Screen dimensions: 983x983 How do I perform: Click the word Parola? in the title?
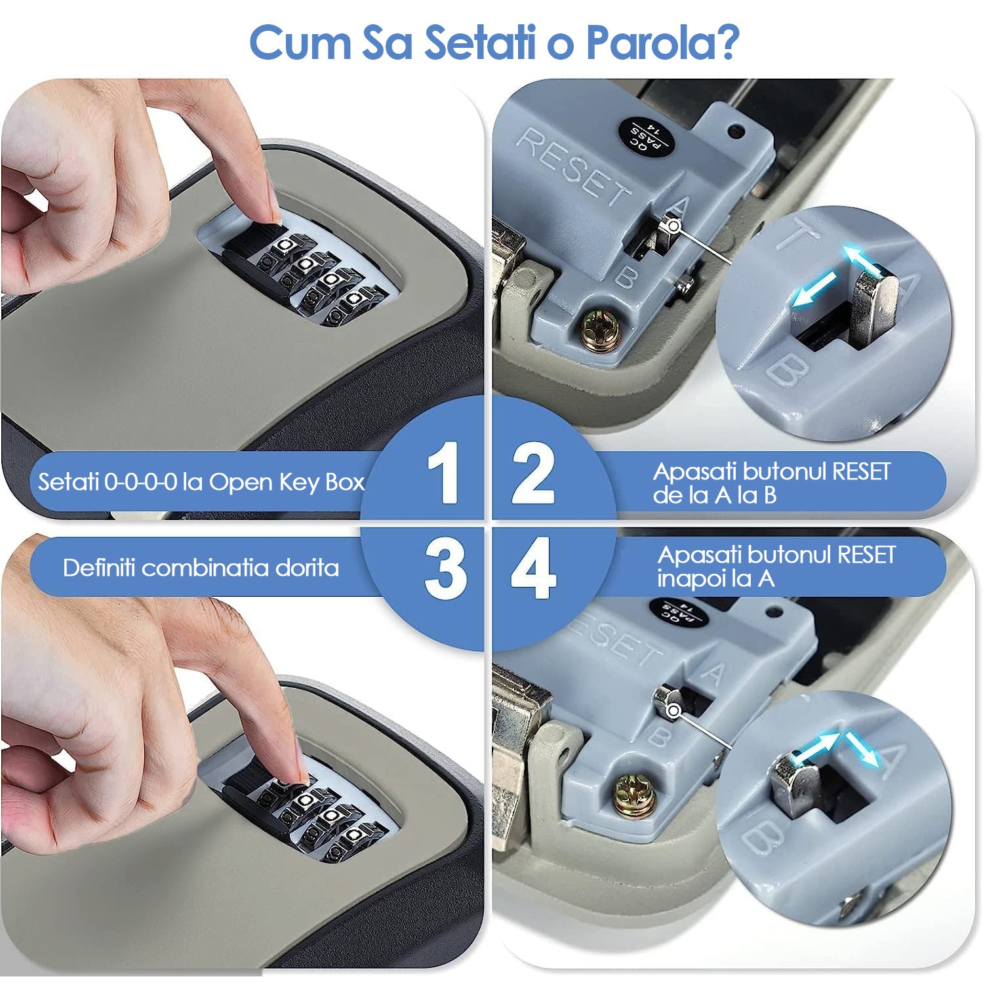tap(662, 43)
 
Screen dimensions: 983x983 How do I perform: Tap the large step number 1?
tap(443, 472)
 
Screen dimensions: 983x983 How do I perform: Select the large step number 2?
tap(533, 473)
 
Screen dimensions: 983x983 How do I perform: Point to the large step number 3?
tap(445, 568)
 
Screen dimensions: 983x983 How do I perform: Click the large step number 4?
tap(533, 568)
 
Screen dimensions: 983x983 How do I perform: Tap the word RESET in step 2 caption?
tap(861, 471)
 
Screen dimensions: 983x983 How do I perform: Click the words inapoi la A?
tap(716, 579)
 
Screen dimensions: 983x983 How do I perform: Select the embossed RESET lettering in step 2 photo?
tap(572, 167)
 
